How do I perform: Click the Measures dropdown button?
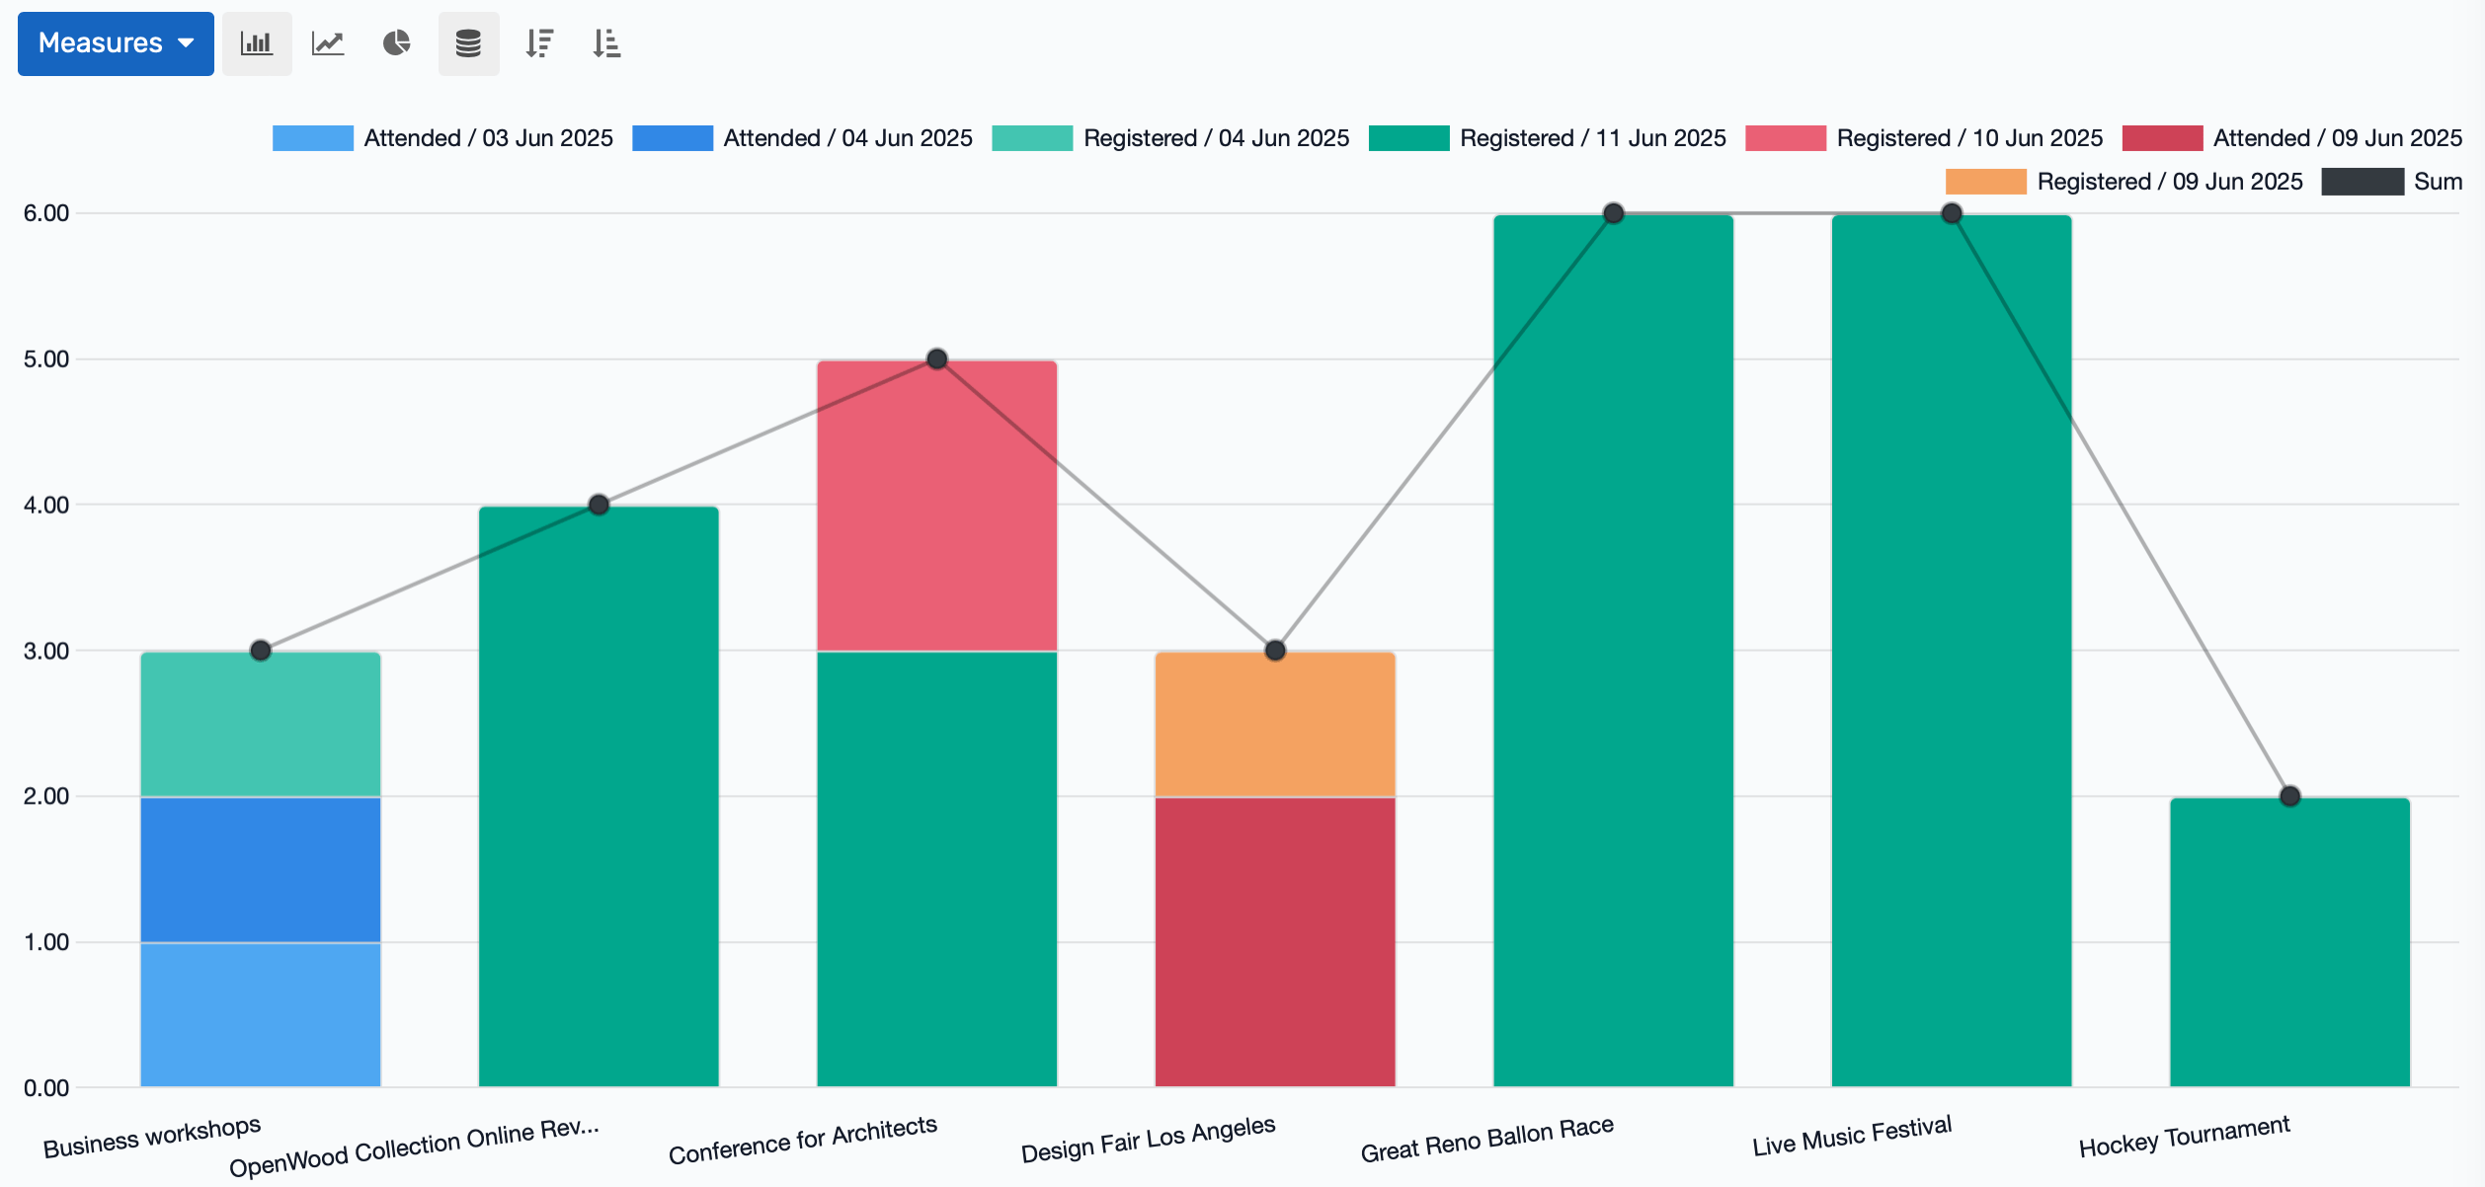point(116,43)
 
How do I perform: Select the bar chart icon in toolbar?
point(257,43)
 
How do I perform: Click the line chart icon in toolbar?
point(328,43)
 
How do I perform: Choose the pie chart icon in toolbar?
point(397,43)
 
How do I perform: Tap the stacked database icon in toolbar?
point(468,43)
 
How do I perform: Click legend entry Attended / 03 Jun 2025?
point(442,138)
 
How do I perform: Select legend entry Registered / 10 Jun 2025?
point(1924,138)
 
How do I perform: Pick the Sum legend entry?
point(2391,182)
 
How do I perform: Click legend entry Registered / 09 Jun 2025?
point(2124,182)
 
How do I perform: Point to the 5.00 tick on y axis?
point(46,359)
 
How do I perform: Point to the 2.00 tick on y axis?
point(46,797)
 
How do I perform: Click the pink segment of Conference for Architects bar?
point(936,505)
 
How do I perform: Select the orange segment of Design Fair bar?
point(1274,724)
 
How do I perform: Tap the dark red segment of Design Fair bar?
point(1274,941)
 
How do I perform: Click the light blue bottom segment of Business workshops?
point(260,1014)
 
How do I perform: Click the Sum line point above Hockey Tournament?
point(2289,796)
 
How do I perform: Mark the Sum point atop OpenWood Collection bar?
point(599,505)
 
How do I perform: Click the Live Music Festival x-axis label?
point(1852,1137)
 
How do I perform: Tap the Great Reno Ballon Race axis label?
point(1486,1140)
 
